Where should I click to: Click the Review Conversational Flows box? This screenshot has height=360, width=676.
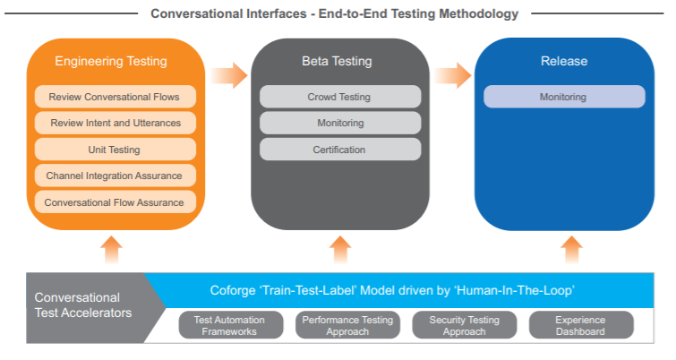click(x=115, y=96)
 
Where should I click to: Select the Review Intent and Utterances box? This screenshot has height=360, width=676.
click(x=115, y=123)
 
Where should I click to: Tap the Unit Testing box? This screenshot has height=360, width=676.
click(x=115, y=150)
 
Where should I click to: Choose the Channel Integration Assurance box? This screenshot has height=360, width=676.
click(x=115, y=176)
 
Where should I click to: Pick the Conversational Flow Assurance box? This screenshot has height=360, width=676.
click(x=115, y=202)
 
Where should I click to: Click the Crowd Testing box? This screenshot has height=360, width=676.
click(x=339, y=97)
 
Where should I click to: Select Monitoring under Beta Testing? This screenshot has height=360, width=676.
click(x=339, y=123)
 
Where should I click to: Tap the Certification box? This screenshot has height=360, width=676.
click(x=339, y=150)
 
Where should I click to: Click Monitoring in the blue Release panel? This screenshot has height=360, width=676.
click(x=563, y=97)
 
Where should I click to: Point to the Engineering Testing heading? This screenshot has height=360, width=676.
click(x=111, y=62)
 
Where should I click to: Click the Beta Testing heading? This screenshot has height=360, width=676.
click(x=337, y=62)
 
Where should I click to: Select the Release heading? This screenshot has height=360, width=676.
click(x=563, y=62)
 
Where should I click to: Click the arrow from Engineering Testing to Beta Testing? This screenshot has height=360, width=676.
click(x=229, y=75)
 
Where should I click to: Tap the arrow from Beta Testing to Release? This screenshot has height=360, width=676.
click(x=453, y=75)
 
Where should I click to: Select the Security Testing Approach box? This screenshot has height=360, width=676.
click(x=464, y=326)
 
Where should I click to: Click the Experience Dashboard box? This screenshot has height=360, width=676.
click(x=580, y=326)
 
